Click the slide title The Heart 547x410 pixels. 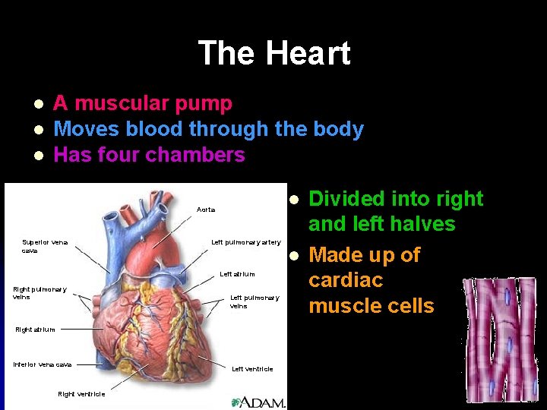(273, 54)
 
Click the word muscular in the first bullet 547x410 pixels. (122, 103)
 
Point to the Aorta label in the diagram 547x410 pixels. (206, 210)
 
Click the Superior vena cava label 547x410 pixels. (45, 246)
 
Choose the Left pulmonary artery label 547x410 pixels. (245, 243)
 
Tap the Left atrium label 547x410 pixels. (237, 274)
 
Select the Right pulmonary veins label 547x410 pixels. (40, 293)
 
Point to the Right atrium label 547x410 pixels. (34, 330)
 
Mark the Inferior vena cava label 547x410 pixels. (43, 364)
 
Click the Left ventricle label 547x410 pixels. (252, 369)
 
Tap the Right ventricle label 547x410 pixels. (81, 394)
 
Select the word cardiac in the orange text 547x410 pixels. (345, 280)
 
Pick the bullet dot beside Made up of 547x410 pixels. (292, 254)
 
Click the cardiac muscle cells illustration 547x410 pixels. (498, 337)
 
